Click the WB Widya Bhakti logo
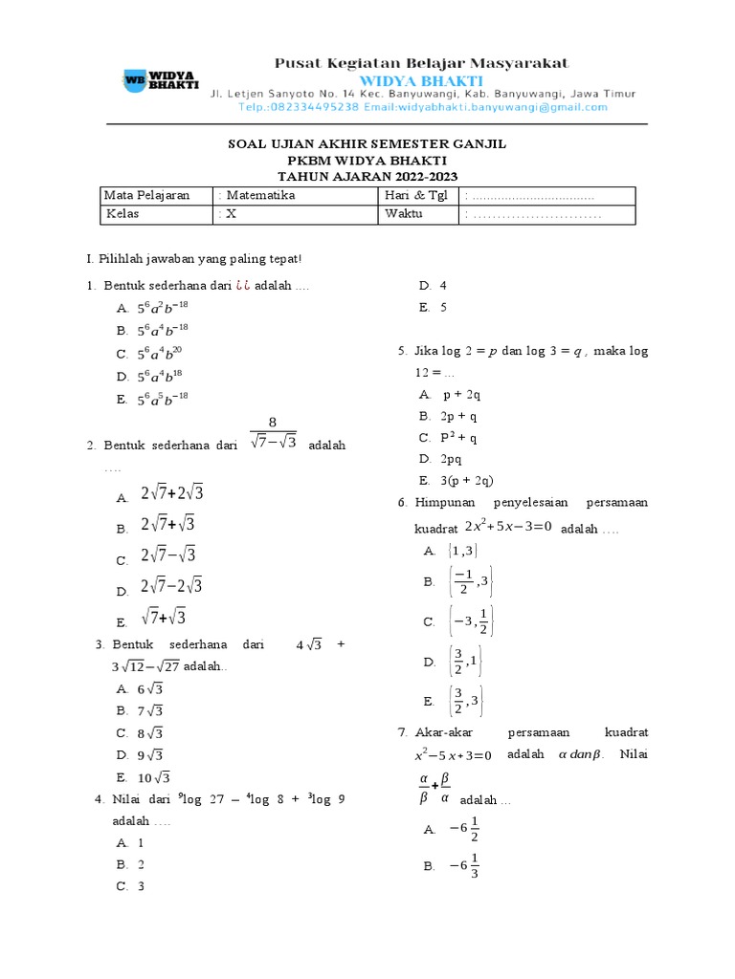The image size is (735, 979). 160,81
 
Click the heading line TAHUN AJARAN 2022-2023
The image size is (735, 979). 367,176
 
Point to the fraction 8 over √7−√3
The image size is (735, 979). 273,432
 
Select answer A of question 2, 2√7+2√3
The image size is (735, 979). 171,494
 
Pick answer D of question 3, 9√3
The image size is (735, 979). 151,755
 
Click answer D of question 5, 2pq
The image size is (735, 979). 448,460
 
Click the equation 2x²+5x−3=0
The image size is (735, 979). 508,526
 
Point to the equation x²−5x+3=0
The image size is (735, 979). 446,755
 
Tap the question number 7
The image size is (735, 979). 403,733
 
